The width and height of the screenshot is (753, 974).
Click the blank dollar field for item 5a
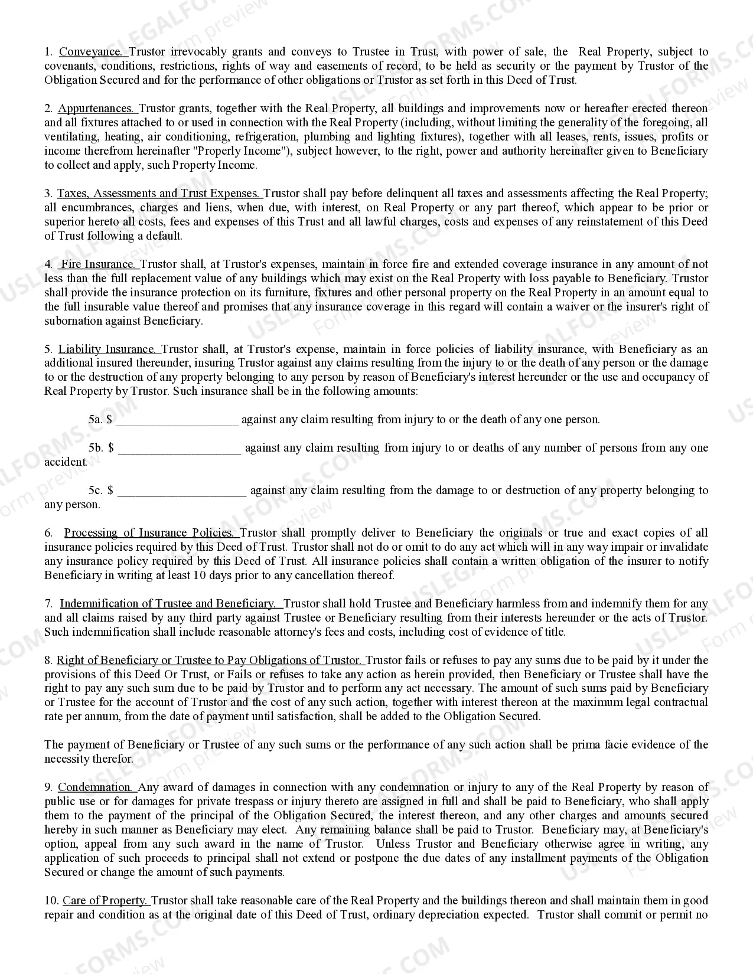coord(178,420)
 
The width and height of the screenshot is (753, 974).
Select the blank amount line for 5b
coord(180,448)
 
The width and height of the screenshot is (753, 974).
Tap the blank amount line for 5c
coord(182,491)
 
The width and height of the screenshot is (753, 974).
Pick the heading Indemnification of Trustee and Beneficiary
coord(168,604)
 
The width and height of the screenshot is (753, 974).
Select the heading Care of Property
coord(105,901)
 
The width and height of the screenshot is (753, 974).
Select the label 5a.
coord(96,420)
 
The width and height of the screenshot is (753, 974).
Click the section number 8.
coord(48,661)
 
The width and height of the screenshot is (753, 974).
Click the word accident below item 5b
coord(66,462)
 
